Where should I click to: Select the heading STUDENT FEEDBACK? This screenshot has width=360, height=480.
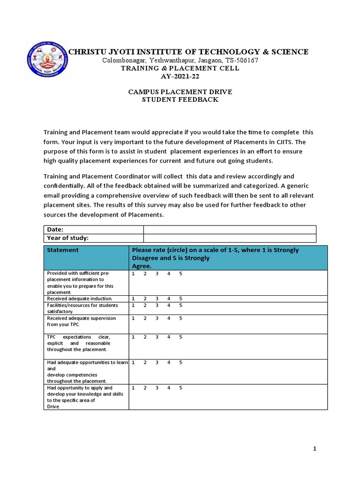click(180, 100)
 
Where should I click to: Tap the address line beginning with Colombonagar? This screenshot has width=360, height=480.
click(180, 60)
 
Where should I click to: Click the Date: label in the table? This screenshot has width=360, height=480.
click(55, 229)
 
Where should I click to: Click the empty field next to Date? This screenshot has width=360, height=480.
click(230, 229)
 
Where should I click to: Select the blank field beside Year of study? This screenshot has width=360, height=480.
click(230, 238)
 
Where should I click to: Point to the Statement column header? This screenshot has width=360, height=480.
click(63, 250)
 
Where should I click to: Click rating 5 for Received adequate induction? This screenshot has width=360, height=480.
click(180, 299)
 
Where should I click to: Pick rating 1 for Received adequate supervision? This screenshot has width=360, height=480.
click(133, 318)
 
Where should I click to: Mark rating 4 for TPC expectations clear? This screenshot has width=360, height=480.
click(169, 337)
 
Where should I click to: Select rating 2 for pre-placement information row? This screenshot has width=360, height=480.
click(145, 273)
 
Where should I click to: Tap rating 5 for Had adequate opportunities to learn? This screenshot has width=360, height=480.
click(180, 362)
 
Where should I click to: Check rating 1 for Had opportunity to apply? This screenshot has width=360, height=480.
click(133, 388)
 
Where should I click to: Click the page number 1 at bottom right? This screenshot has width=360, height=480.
click(315, 449)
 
